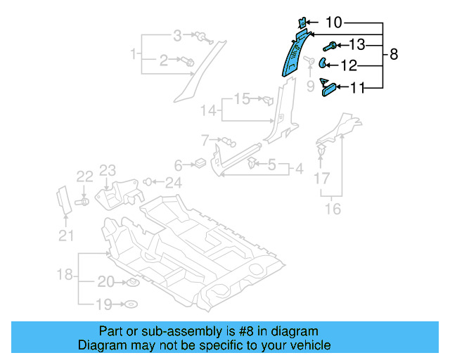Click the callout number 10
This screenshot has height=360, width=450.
coord(334,23)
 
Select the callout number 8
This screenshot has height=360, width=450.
coord(394,54)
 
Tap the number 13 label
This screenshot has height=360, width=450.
coord(357,46)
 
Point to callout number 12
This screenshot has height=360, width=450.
coord(349,66)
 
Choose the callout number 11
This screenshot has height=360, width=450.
coord(358,88)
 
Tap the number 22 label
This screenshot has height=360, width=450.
coord(84,176)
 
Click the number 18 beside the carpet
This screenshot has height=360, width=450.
coord(64,274)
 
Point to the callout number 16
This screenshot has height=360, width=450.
coord(333,209)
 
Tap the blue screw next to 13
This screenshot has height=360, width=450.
coord(328,46)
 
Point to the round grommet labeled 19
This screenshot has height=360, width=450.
coord(131,305)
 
